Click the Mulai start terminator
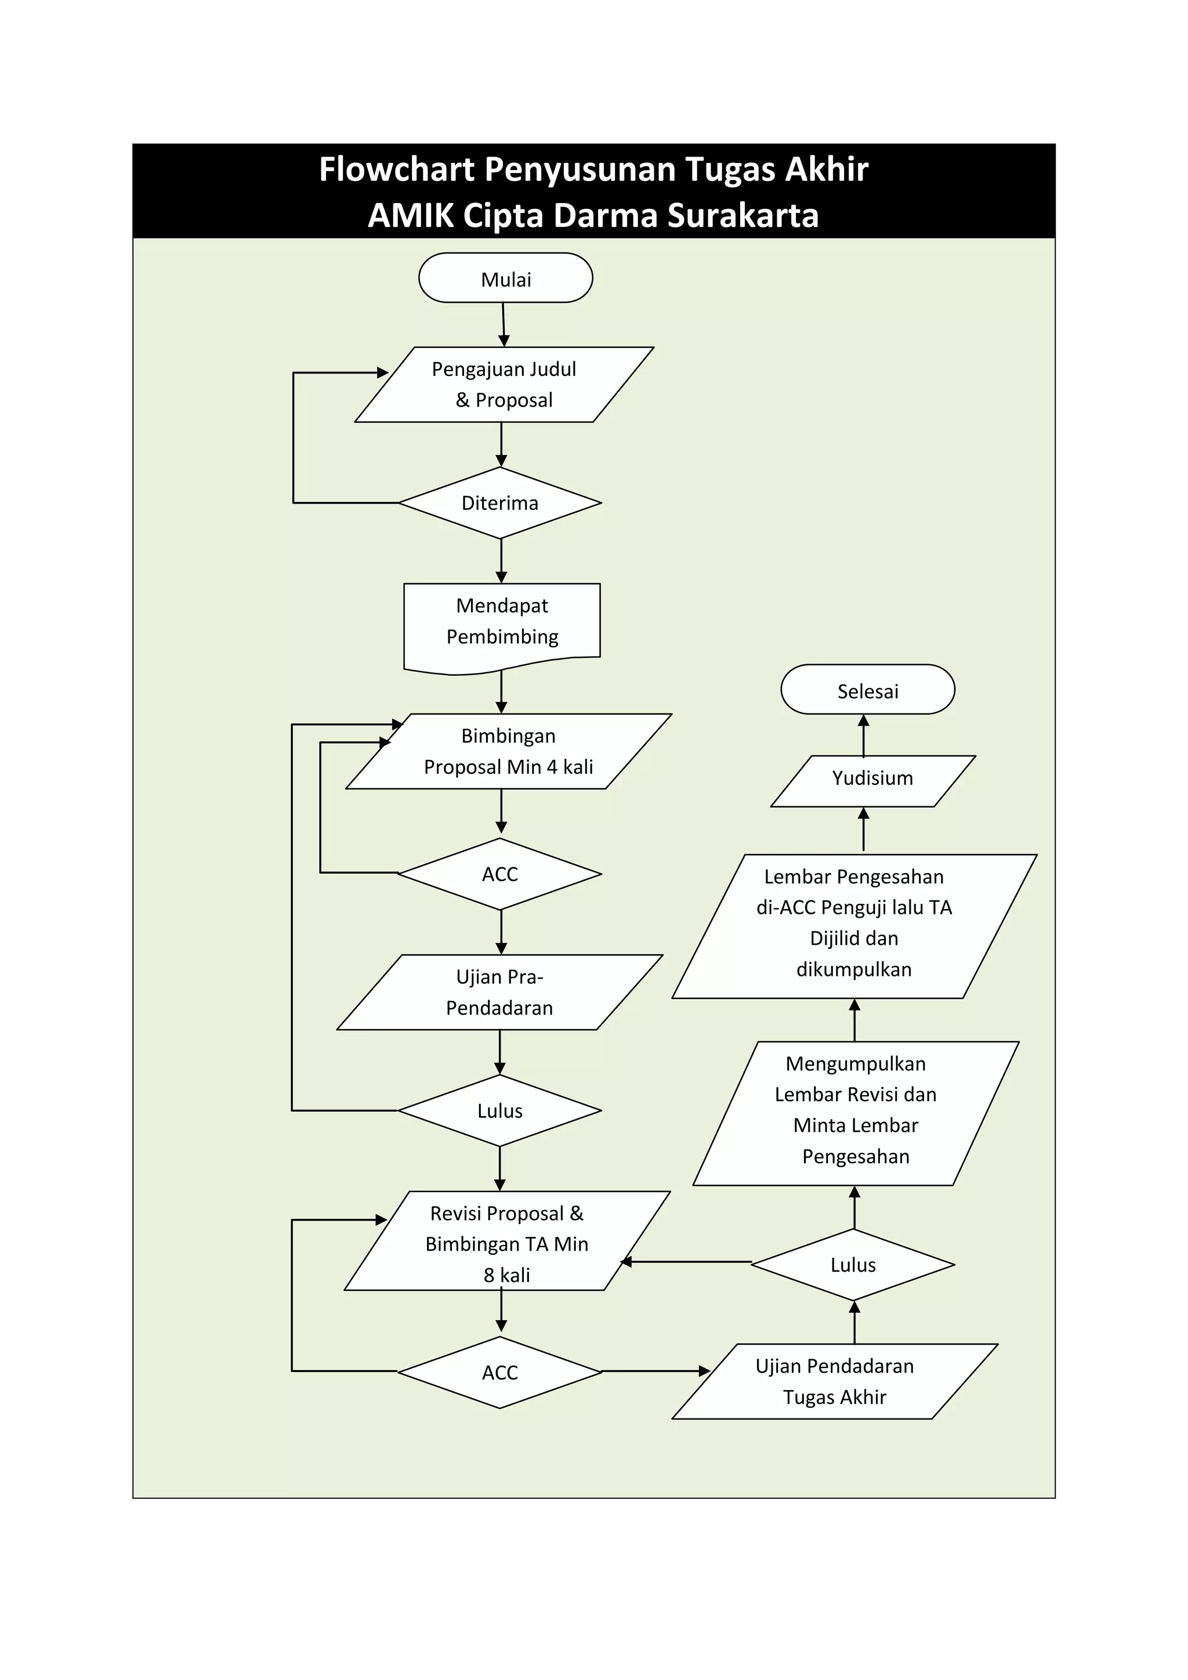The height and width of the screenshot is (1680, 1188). tap(505, 278)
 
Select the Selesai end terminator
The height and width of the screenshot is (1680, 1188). tap(868, 690)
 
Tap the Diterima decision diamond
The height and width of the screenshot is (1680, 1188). tap(499, 503)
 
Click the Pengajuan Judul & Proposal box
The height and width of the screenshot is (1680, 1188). tap(504, 384)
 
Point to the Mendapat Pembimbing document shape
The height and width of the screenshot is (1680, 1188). tap(502, 621)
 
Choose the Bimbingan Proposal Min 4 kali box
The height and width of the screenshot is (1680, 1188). tap(508, 751)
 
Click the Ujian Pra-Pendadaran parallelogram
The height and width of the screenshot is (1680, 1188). tap(499, 992)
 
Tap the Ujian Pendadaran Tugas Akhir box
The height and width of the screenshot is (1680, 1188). tap(835, 1381)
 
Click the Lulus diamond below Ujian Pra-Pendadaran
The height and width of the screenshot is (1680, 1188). tap(499, 1111)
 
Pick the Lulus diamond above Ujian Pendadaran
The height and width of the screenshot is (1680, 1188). tap(853, 1265)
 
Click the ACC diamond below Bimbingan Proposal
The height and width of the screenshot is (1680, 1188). tap(499, 874)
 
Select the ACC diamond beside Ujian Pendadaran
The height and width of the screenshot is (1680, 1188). tap(499, 1372)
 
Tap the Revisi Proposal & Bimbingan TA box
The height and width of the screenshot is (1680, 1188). tap(507, 1243)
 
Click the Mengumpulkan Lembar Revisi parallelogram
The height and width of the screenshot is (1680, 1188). tap(856, 1113)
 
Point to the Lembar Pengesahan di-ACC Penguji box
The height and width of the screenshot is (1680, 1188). tap(854, 926)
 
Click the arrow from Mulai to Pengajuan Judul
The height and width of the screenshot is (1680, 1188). tap(504, 324)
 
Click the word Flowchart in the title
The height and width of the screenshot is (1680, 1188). tap(397, 169)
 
